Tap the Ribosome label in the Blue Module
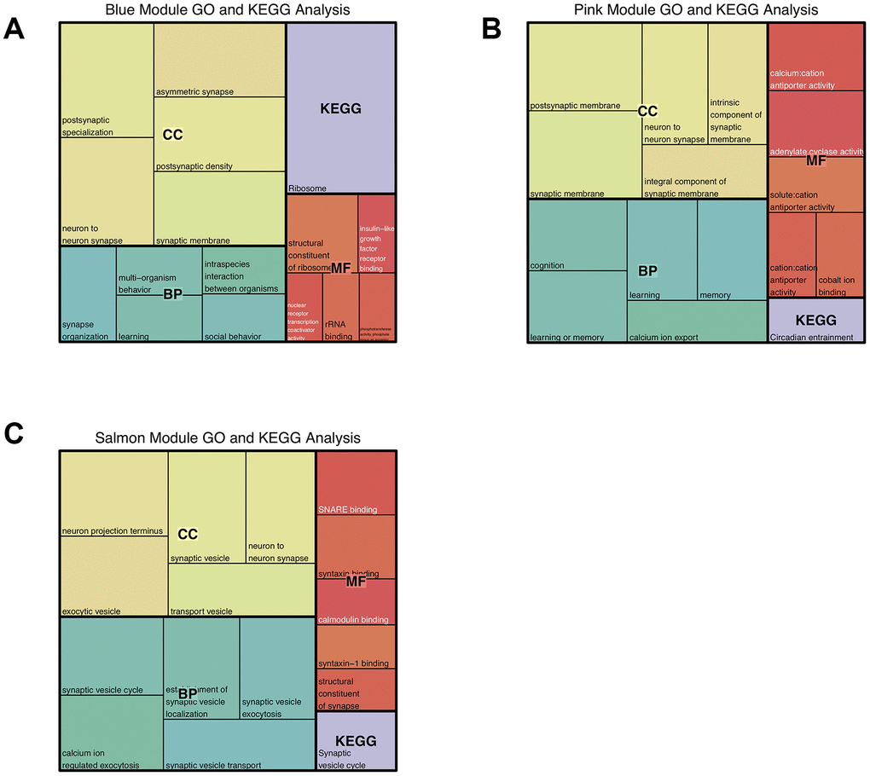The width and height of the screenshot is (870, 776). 307,188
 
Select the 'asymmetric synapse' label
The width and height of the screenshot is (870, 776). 194,91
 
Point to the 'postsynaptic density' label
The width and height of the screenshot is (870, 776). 194,166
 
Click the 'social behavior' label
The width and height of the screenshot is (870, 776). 233,337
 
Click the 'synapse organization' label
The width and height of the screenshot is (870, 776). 85,331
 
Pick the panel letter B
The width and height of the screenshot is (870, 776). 492,29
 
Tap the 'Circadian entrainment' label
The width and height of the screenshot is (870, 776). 811,337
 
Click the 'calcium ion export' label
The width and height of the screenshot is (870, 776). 664,337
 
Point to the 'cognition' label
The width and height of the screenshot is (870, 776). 547,265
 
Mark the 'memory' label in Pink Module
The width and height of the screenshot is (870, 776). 715,295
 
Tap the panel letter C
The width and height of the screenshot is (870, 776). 14,433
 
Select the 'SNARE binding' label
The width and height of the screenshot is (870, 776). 347,509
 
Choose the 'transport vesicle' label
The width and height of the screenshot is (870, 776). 201,611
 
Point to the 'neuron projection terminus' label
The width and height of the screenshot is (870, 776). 112,531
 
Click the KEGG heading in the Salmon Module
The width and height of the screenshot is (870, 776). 356,741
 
